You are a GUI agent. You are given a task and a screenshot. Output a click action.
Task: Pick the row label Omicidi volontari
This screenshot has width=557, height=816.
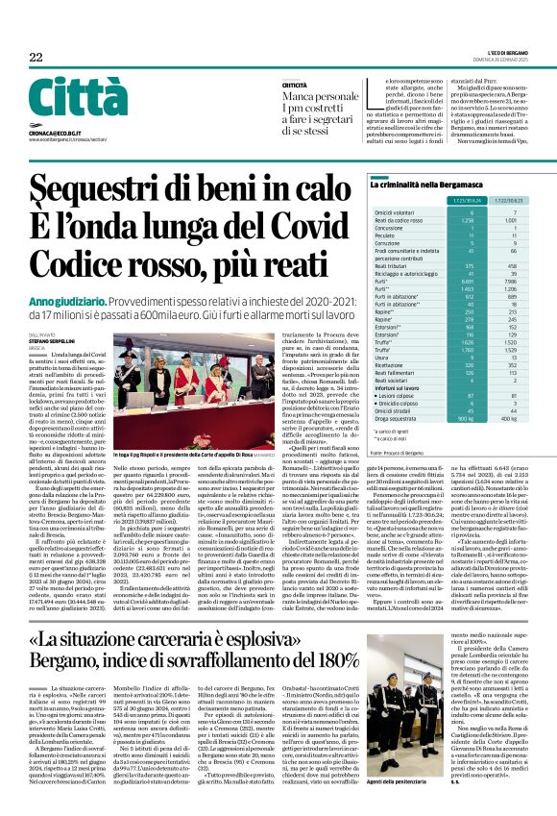click(396, 239)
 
